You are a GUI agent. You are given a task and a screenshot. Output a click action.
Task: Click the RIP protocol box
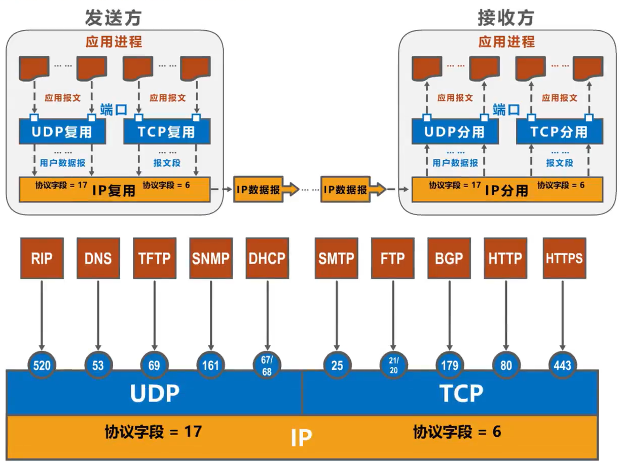coord(42,258)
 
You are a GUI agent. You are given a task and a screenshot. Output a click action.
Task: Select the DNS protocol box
coord(98,258)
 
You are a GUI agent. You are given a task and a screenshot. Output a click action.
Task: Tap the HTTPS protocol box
coord(564,258)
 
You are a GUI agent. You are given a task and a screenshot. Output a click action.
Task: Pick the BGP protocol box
coord(449,258)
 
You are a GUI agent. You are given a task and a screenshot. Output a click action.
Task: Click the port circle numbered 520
coord(42,365)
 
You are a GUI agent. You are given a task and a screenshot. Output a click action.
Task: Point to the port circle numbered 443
coord(562,365)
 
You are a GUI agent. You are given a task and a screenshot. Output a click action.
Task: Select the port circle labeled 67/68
coord(267,365)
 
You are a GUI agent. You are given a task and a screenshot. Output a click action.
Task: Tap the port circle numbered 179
coord(450,365)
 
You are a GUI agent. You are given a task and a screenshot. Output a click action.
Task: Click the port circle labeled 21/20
coord(394,365)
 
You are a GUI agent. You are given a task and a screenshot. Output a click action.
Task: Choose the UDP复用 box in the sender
coord(62,132)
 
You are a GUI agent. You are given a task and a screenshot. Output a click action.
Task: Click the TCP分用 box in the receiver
coord(559,132)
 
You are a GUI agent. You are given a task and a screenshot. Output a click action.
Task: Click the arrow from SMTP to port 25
coord(337,314)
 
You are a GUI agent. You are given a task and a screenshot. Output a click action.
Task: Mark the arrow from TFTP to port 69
coord(154,314)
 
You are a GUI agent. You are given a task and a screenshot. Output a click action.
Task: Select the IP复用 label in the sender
coord(114,191)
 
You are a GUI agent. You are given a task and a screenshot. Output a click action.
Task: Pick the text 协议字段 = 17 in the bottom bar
coord(153,432)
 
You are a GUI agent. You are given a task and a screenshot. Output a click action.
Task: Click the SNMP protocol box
coord(211,258)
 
